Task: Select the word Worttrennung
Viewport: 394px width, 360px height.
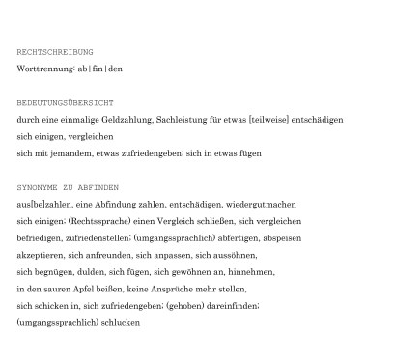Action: (44, 69)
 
